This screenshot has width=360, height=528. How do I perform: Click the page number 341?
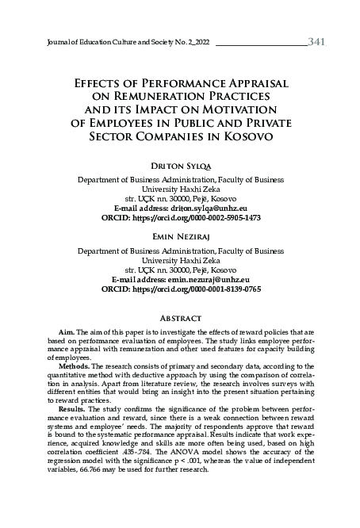[x=314, y=40]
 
